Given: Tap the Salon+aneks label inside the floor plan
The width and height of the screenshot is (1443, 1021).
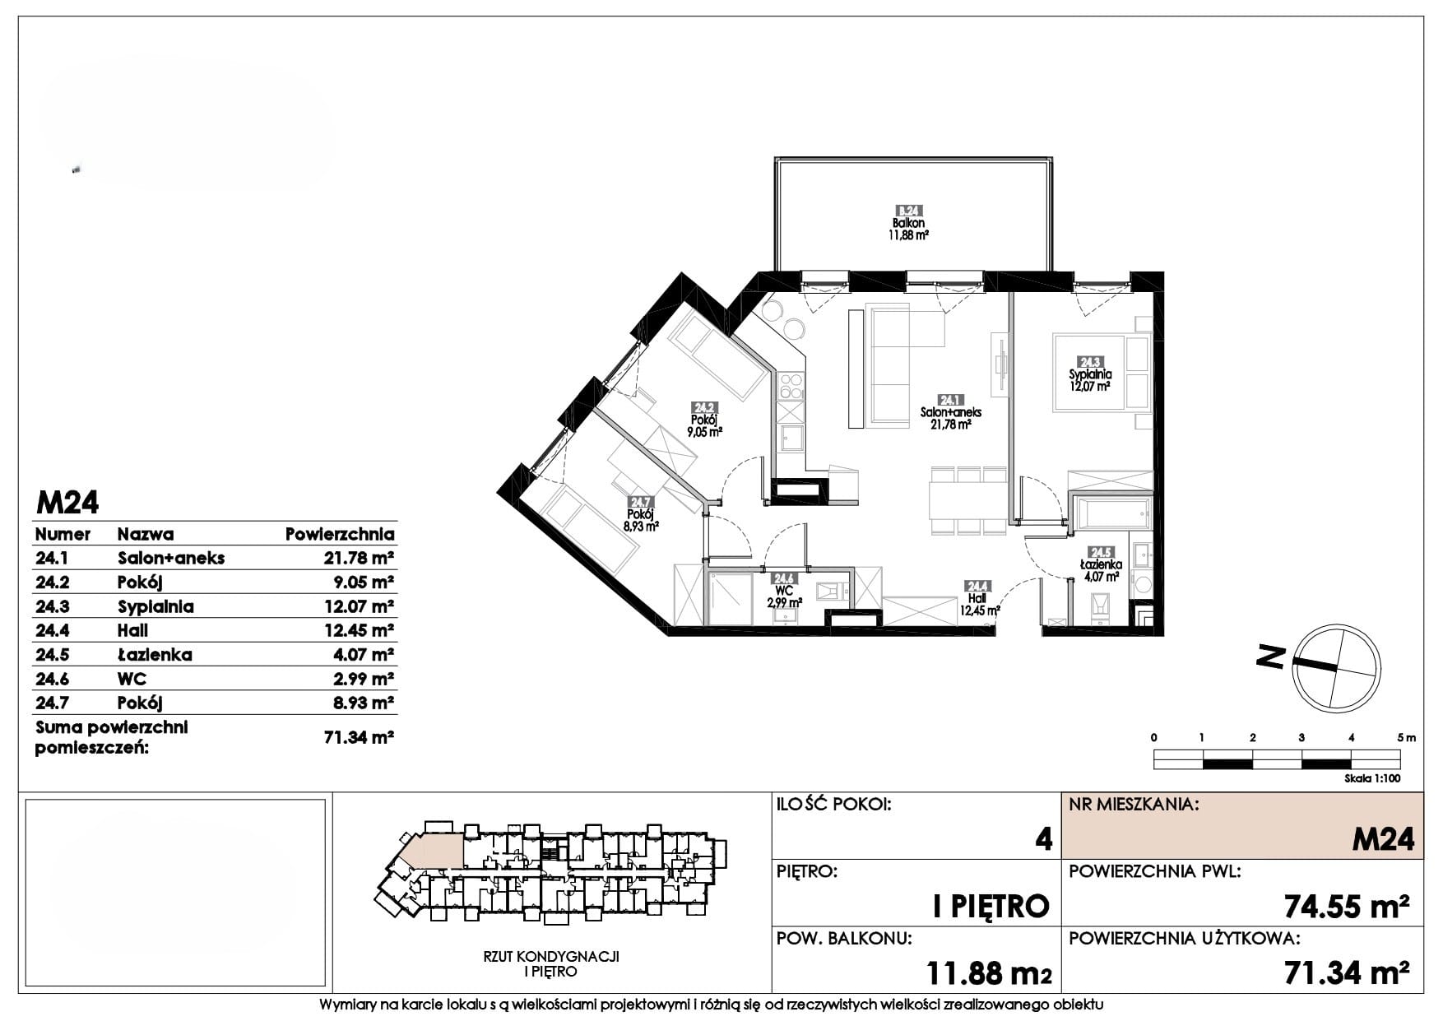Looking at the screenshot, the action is point(952,413).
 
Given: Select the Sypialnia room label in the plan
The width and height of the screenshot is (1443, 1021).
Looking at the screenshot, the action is point(1090,374).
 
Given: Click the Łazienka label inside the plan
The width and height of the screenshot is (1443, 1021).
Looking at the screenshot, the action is point(1101,565).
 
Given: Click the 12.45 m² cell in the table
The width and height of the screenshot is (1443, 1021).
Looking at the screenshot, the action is point(360,630).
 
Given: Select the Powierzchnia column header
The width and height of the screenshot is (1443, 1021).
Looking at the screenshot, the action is point(340,534).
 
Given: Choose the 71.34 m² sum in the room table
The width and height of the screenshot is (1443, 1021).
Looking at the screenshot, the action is point(360,737).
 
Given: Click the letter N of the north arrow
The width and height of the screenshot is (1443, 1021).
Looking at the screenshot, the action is point(1272,657).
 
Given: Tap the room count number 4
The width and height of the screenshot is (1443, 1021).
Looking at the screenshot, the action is point(1043,839).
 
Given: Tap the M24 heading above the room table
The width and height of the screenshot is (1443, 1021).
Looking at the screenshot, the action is point(67,502).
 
